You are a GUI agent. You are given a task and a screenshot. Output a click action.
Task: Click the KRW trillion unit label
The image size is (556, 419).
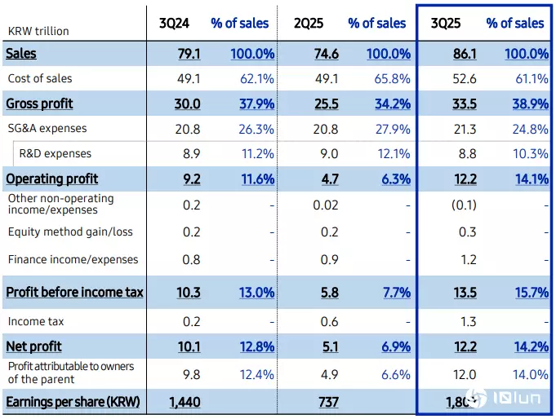coord(38,31)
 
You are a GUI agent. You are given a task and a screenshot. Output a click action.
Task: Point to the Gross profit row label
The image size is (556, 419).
coord(39,104)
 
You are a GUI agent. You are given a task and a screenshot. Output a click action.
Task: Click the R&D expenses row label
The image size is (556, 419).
coord(55,153)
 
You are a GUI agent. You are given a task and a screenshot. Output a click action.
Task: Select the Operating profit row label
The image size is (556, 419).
coord(51,179)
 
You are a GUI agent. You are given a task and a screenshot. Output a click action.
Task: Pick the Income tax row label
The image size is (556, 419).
coord(36,321)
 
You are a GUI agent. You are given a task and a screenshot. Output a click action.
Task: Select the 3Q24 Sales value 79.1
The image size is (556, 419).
coord(189,54)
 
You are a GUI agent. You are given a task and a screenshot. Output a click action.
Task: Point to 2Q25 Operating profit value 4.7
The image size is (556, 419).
coord(327,179)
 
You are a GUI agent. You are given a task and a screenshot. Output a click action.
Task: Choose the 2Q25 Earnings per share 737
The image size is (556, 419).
coord(327,403)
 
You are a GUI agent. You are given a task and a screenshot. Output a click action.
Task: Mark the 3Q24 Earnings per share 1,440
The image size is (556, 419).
coord(185,403)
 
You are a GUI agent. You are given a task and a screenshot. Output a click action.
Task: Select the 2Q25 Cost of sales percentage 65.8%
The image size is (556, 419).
coord(394,79)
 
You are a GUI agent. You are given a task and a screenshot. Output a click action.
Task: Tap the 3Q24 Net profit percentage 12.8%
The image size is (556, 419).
coord(256,346)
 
